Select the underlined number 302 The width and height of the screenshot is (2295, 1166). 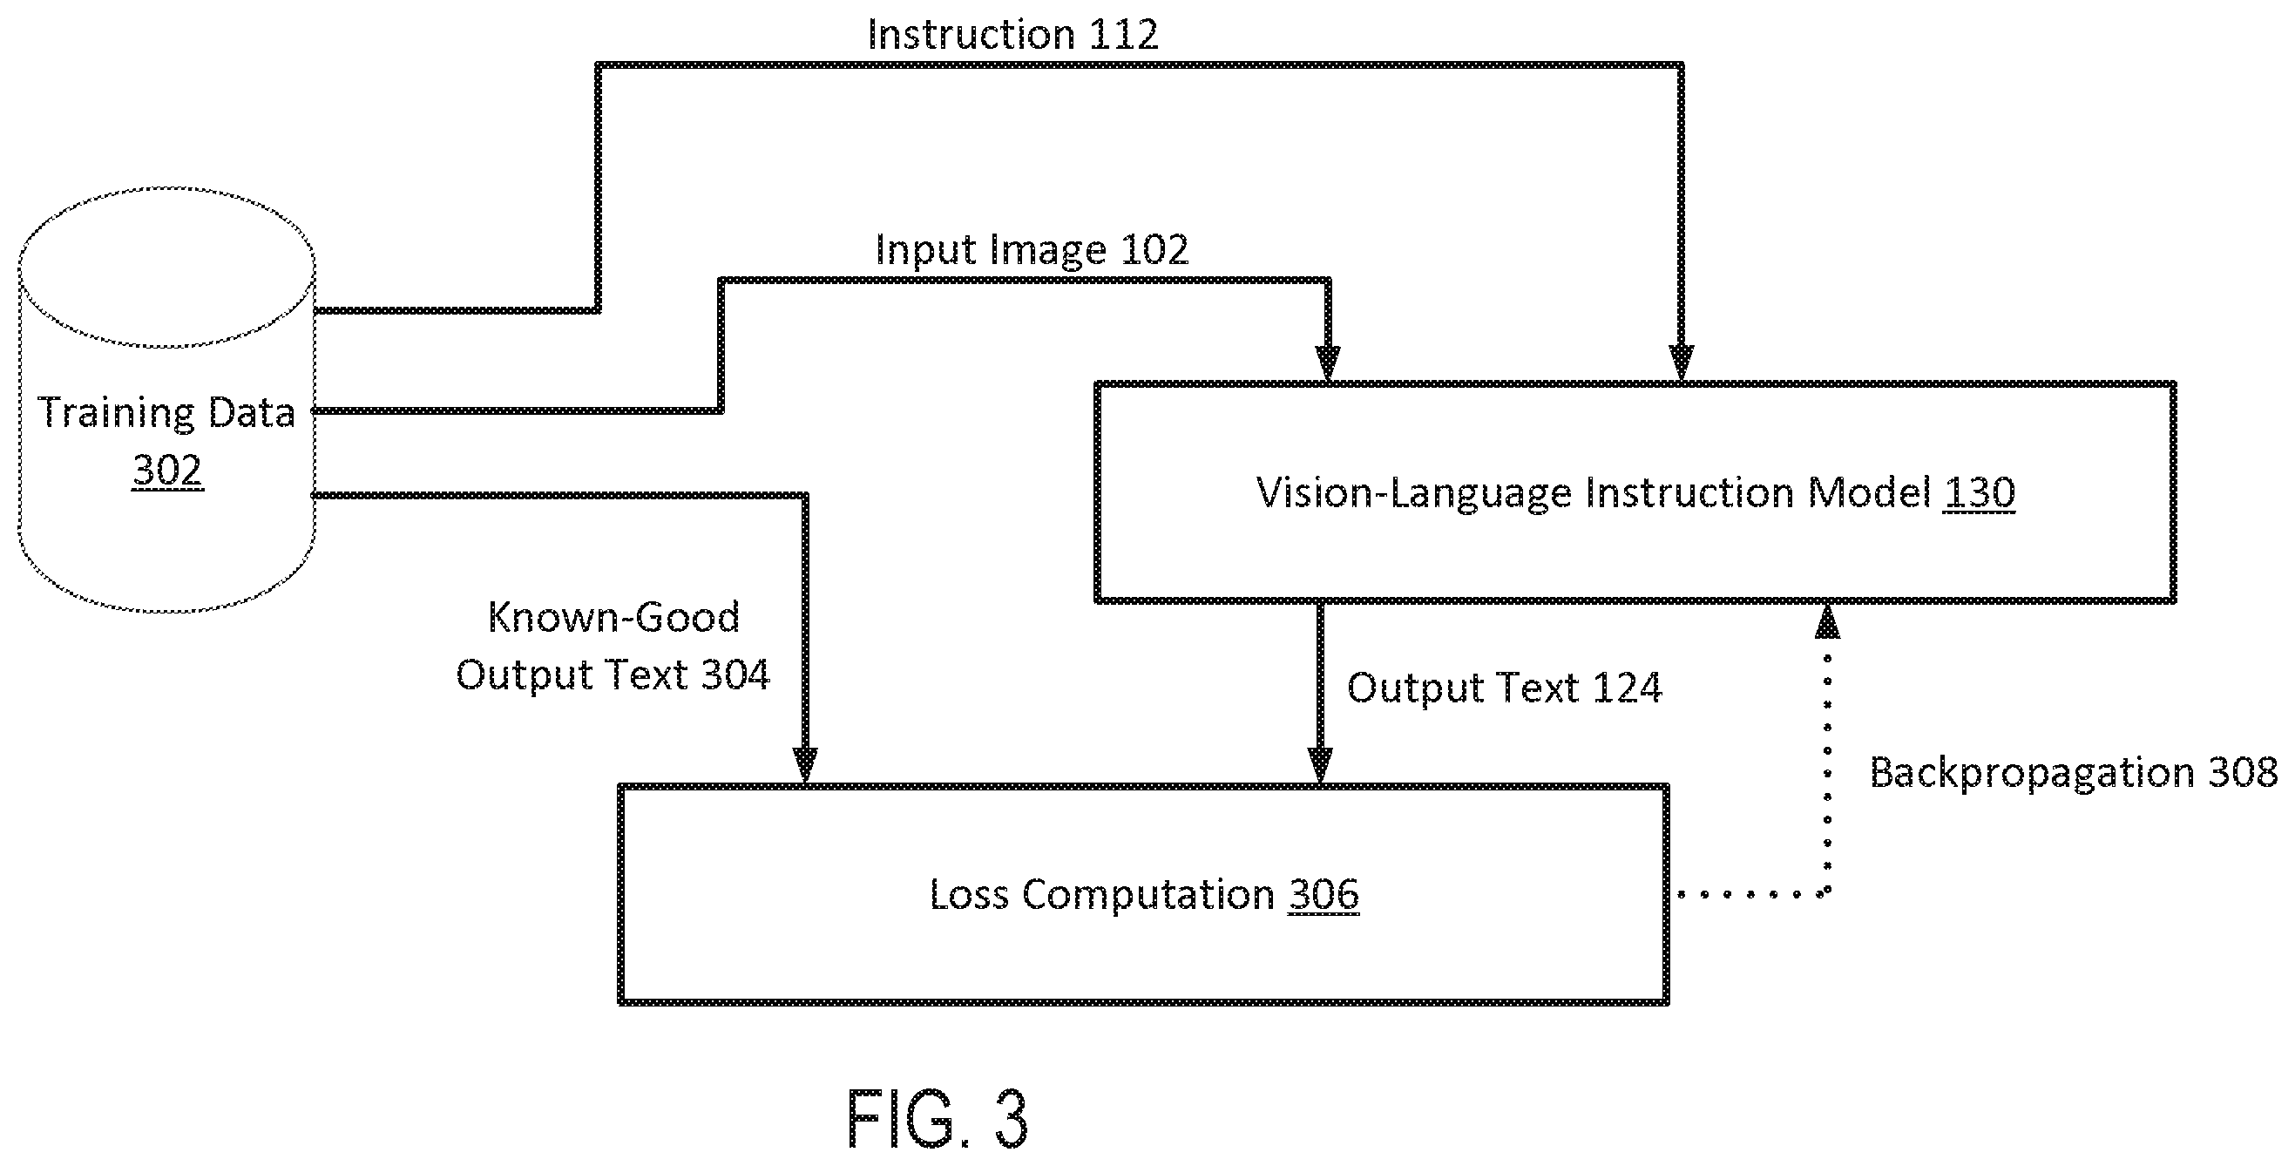pos(167,470)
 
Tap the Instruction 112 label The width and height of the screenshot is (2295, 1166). pos(1012,34)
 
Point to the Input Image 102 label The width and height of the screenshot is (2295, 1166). pos(1032,248)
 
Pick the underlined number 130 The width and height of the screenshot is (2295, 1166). pos(1979,491)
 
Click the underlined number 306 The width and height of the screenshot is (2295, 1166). pos(1323,894)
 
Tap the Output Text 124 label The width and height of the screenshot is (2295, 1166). pos(1504,688)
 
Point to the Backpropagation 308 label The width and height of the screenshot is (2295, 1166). pos(2073,771)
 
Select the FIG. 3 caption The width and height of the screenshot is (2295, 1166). pos(938,1118)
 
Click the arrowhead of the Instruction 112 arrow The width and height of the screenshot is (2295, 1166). pos(1681,363)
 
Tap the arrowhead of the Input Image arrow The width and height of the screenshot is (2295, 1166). pos(1329,363)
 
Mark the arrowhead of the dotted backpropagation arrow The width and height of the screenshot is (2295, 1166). pos(1827,621)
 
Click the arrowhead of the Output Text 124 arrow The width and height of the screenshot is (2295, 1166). pos(1320,766)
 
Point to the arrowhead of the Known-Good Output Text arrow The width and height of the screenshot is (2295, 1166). pos(805,766)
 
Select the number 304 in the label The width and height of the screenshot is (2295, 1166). pos(735,675)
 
